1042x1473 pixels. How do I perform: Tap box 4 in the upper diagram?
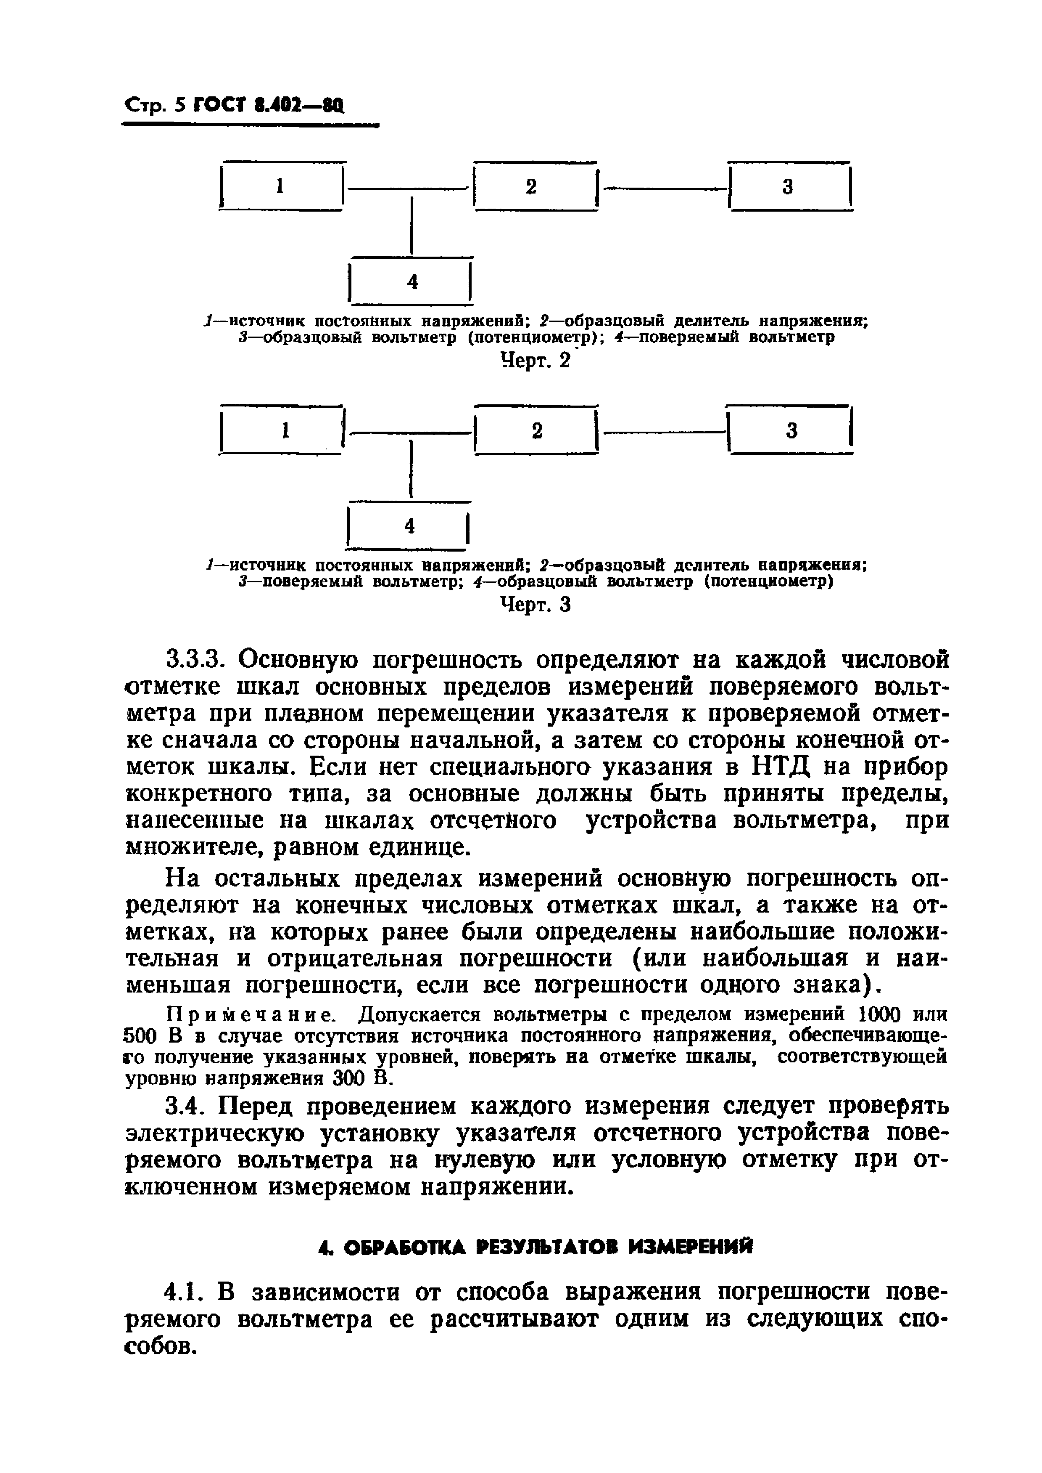(411, 281)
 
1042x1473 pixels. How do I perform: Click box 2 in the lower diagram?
(536, 430)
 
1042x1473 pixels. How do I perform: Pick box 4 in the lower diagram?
(409, 526)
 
